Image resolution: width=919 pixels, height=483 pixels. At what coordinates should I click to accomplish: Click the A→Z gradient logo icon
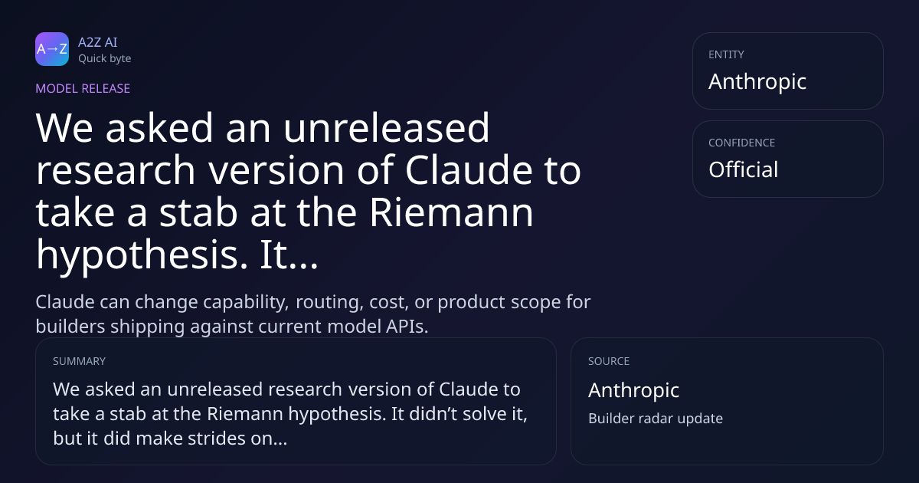[52, 49]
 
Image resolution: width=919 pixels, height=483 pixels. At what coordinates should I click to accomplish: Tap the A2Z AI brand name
[98, 42]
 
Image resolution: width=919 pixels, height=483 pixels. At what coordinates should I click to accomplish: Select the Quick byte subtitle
[105, 59]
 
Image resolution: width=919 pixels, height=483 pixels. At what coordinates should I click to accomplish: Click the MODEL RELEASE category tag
[83, 88]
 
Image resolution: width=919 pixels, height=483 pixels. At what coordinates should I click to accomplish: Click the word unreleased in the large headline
[386, 128]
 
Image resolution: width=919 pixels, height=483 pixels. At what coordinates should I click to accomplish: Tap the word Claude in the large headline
[469, 169]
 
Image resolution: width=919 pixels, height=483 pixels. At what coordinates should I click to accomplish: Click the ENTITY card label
[726, 54]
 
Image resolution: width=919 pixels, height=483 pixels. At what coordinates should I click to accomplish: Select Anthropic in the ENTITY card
[757, 82]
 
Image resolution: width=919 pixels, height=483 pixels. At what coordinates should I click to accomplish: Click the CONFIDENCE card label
[742, 143]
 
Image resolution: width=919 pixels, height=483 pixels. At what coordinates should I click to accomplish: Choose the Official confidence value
[744, 169]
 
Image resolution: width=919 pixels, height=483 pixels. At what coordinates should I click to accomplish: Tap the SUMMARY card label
[79, 361]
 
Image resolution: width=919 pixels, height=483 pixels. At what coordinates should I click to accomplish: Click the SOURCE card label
[609, 361]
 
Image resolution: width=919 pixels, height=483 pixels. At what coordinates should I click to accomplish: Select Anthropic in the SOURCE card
[634, 390]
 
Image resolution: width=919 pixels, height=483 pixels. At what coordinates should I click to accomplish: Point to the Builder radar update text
[656, 419]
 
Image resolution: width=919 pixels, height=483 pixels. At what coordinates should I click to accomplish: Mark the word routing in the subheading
[329, 303]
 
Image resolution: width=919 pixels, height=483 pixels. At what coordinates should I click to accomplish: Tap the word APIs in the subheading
[407, 327]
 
